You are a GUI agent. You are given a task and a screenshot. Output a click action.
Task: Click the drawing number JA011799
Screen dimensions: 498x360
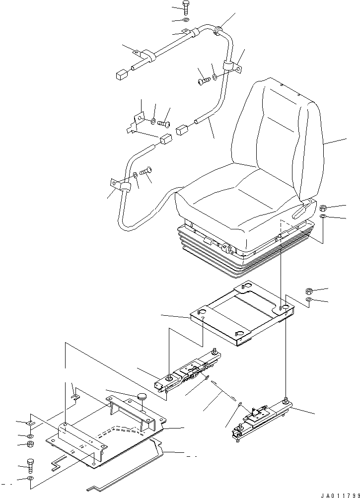click(339, 494)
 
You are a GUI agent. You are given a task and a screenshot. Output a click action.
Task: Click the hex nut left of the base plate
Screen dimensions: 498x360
click(29, 443)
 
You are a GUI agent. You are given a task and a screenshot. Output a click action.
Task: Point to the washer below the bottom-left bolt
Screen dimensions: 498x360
click(30, 478)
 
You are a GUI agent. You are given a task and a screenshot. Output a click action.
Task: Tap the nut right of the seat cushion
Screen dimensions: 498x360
click(322, 208)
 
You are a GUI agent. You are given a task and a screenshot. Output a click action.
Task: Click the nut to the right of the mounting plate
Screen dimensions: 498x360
click(308, 291)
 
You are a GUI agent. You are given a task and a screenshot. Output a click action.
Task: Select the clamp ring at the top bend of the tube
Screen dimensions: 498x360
click(218, 32)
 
